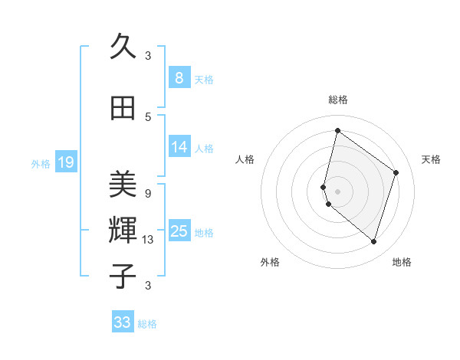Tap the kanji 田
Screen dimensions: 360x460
point(123,108)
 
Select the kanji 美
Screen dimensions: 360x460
point(123,184)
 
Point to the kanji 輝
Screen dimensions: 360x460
point(123,230)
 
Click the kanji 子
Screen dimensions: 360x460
point(123,276)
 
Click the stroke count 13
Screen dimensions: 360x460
point(149,240)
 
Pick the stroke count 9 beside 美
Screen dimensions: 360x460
point(148,193)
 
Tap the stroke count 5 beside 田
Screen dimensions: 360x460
point(148,116)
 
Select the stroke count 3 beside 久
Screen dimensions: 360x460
point(148,55)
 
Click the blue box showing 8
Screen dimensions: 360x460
point(179,77)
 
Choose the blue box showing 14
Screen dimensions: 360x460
point(179,147)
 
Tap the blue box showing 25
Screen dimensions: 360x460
point(179,231)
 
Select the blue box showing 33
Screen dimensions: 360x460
point(123,322)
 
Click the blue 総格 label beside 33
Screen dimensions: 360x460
point(147,324)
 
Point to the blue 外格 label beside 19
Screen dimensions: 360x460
point(41,163)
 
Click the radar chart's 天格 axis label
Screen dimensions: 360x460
point(431,159)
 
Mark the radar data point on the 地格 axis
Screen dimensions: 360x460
point(373,242)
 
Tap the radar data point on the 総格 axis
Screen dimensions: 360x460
point(337,130)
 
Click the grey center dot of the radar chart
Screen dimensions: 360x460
point(337,191)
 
